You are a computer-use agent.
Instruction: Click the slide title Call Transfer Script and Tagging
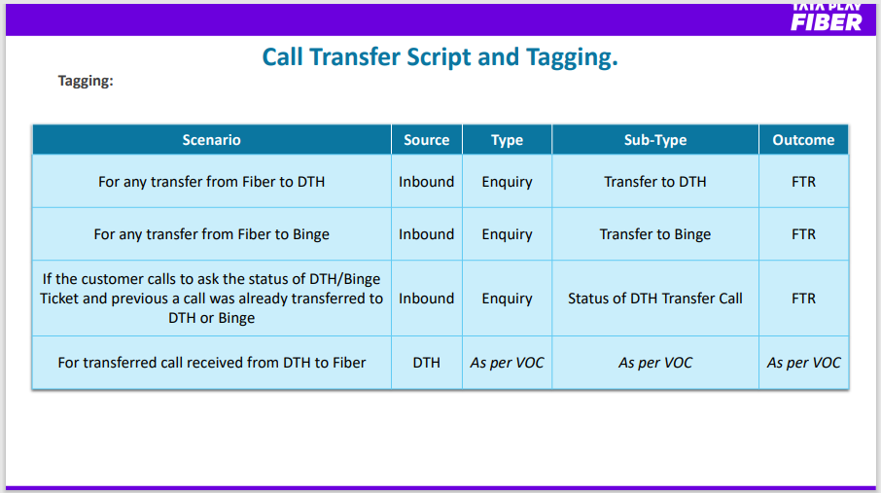coord(440,56)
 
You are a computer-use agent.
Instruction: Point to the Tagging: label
coord(86,81)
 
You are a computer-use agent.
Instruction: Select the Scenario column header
coord(211,140)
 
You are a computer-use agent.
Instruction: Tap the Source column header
coord(427,140)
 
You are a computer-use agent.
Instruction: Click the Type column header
coord(507,140)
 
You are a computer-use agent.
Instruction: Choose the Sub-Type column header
coord(655,140)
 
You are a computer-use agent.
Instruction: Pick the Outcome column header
coord(803,140)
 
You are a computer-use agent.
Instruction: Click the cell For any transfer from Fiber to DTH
coord(211,182)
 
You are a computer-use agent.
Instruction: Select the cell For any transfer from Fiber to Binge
coord(211,233)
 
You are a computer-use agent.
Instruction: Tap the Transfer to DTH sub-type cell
coord(655,182)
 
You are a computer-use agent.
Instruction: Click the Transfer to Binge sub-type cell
coord(655,233)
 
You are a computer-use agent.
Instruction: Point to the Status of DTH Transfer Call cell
coord(655,298)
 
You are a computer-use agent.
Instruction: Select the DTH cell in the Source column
coord(427,363)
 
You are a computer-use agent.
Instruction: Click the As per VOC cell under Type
coord(507,363)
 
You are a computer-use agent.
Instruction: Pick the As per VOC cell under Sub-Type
coord(655,363)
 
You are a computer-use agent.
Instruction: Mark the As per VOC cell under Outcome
coord(803,363)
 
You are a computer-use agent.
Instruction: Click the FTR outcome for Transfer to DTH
coord(803,182)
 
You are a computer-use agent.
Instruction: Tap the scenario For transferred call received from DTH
coord(211,363)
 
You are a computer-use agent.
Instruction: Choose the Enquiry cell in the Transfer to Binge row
coord(507,233)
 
